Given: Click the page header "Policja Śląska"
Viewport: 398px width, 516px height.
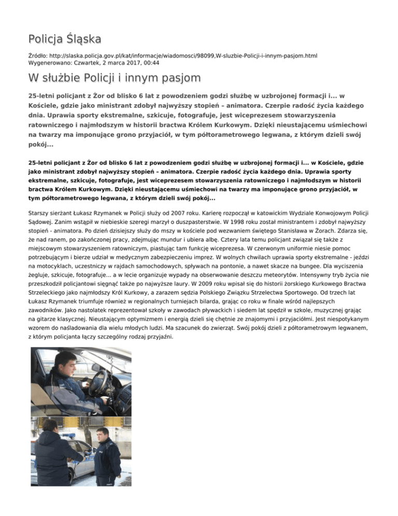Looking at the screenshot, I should tap(65, 38).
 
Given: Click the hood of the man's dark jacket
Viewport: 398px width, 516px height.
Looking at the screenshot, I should tap(54, 439).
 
